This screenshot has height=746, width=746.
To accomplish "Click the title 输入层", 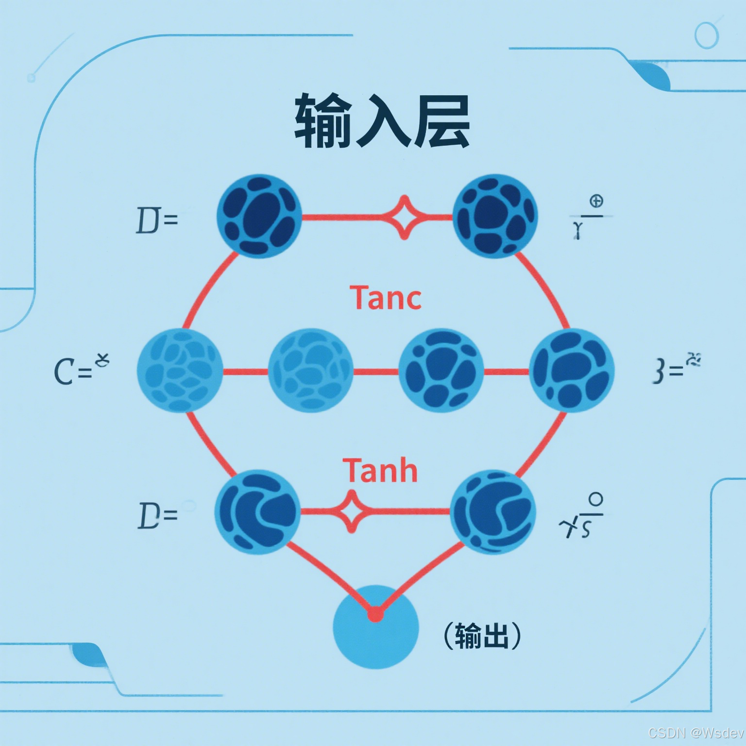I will pos(382,121).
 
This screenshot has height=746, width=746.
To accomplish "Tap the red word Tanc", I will pos(385,298).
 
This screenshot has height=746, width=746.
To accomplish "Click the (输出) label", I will pos(482,635).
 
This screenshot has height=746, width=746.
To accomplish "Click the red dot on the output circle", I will pos(375,615).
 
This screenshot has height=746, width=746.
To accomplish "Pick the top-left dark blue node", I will pos(259,216).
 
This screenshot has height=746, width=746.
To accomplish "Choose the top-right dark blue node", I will pos(495,216).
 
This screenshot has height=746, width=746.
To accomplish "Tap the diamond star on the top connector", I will pos(404,217).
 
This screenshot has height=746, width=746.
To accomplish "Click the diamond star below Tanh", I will pos(352,511).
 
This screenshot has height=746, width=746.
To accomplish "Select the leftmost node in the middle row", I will pos(180,371).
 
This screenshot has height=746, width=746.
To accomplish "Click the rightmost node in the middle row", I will pos(572,371).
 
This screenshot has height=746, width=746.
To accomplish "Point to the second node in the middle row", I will pos(310,371).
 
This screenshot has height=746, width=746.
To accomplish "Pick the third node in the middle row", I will pos(441,371).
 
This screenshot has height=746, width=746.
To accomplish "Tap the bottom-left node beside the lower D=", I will pos(257,512).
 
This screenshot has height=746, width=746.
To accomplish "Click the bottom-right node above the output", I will pos(493,512).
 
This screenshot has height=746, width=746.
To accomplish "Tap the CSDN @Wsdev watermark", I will pos(695,732).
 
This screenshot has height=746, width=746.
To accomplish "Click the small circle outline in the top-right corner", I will pos(706,35).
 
